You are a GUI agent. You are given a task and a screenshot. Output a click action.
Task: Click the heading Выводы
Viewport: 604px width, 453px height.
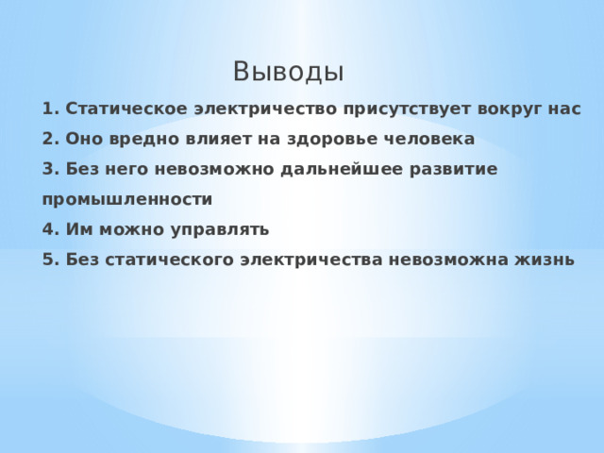[288, 72]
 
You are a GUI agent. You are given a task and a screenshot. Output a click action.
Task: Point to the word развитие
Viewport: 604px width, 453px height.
[459, 169]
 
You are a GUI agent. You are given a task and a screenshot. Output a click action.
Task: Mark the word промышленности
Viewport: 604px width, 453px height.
[126, 199]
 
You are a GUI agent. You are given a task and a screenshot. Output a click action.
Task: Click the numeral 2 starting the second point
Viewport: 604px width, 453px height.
[48, 139]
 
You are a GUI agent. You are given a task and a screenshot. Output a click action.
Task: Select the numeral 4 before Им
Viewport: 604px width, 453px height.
[48, 229]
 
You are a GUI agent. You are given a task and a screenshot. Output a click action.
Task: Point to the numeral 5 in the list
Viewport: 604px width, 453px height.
[48, 260]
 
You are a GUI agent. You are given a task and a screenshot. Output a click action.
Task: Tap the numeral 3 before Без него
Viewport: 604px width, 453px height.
[48, 169]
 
